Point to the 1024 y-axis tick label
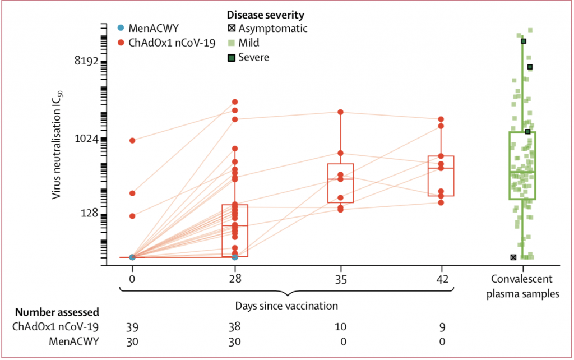[x=86, y=139]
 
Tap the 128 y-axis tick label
[x=90, y=214]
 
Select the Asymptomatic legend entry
[x=267, y=27]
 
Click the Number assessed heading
[x=57, y=312]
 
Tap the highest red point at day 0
[x=132, y=140]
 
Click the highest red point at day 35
[x=340, y=112]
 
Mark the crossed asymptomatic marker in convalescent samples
[x=513, y=257]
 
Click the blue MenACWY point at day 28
[x=235, y=257]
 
